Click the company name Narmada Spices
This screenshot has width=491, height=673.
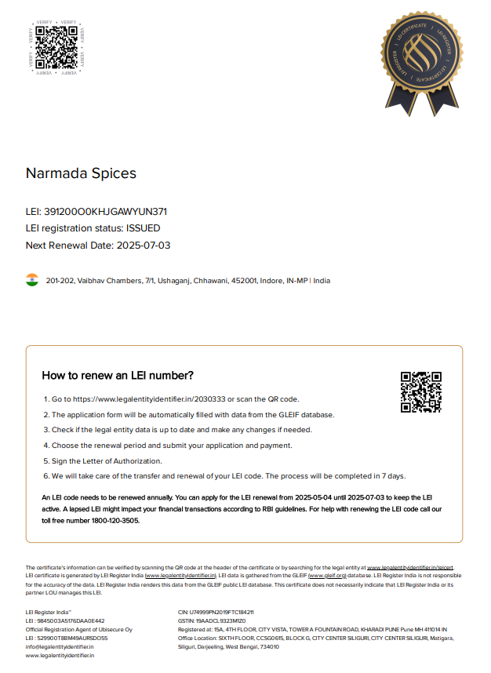[81, 173]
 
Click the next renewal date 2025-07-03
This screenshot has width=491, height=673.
[144, 246]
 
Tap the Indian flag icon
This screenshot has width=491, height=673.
[32, 280]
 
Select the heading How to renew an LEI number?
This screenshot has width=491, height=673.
[118, 376]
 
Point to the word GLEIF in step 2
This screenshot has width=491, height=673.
[298, 415]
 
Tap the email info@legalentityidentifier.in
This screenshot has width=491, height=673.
[60, 646]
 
